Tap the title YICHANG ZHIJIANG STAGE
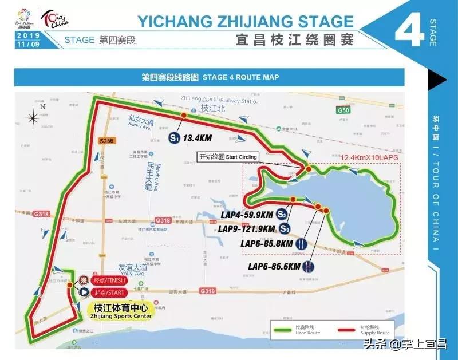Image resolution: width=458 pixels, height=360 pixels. [246, 21]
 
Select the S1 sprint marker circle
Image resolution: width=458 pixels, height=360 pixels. [174, 138]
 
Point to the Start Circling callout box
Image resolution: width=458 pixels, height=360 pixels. [228, 157]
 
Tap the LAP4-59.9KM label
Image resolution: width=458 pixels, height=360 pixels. [247, 215]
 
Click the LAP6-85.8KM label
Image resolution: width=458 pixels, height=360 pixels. [267, 244]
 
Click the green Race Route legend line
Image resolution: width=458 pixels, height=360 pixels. [282, 331]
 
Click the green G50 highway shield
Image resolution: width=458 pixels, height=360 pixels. [343, 109]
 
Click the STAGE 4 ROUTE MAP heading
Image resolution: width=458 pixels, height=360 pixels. [209, 78]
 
